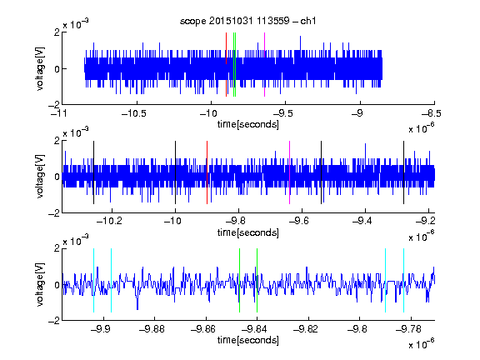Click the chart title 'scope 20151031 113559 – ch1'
tap(247, 21)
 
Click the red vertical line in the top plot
tap(226, 65)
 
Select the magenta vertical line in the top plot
tap(264, 65)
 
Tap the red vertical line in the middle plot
tap(207, 172)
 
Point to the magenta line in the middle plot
tap(290, 172)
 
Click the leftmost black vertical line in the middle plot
tap(93, 172)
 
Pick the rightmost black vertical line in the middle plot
tap(403, 172)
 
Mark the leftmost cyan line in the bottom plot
tap(93, 280)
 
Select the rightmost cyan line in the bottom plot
tap(403, 280)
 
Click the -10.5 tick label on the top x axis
tap(134, 114)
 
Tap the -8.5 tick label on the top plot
tap(432, 114)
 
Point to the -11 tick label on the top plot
tap(59, 114)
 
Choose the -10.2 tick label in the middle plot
tap(109, 221)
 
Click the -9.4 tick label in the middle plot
tap(362, 221)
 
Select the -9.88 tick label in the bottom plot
tap(152, 329)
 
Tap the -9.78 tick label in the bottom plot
tap(408, 329)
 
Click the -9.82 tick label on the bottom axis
tap(306, 329)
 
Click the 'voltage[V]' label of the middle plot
tap(40, 177)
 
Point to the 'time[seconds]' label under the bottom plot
tap(248, 340)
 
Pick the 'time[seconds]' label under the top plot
tap(248, 124)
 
